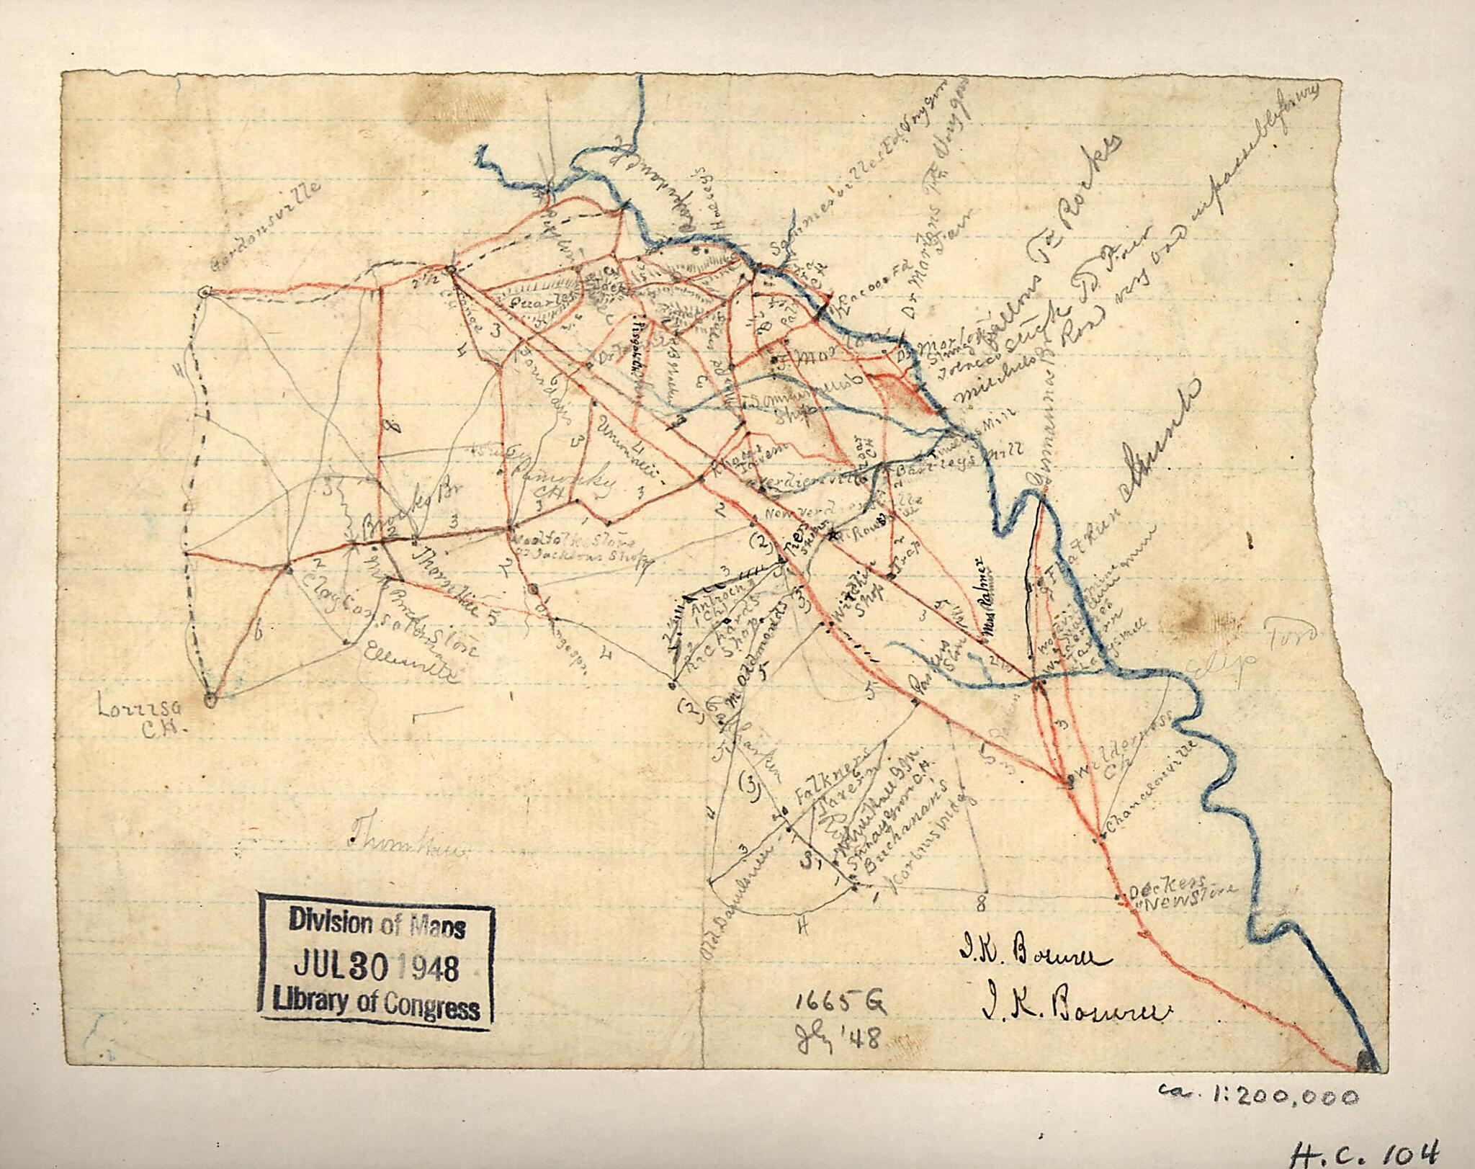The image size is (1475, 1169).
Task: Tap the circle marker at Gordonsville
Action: coord(205,292)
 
